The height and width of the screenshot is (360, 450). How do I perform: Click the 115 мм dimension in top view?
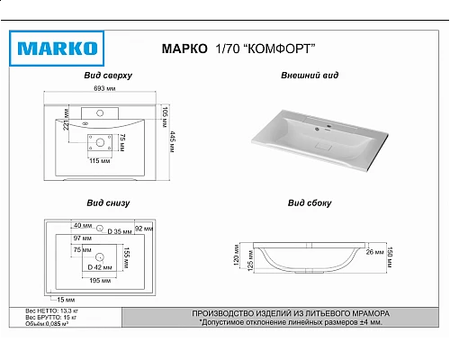pos(99,159)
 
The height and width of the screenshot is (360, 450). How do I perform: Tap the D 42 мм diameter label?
pos(98,268)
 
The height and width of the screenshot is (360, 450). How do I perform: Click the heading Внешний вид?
pos(310,77)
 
